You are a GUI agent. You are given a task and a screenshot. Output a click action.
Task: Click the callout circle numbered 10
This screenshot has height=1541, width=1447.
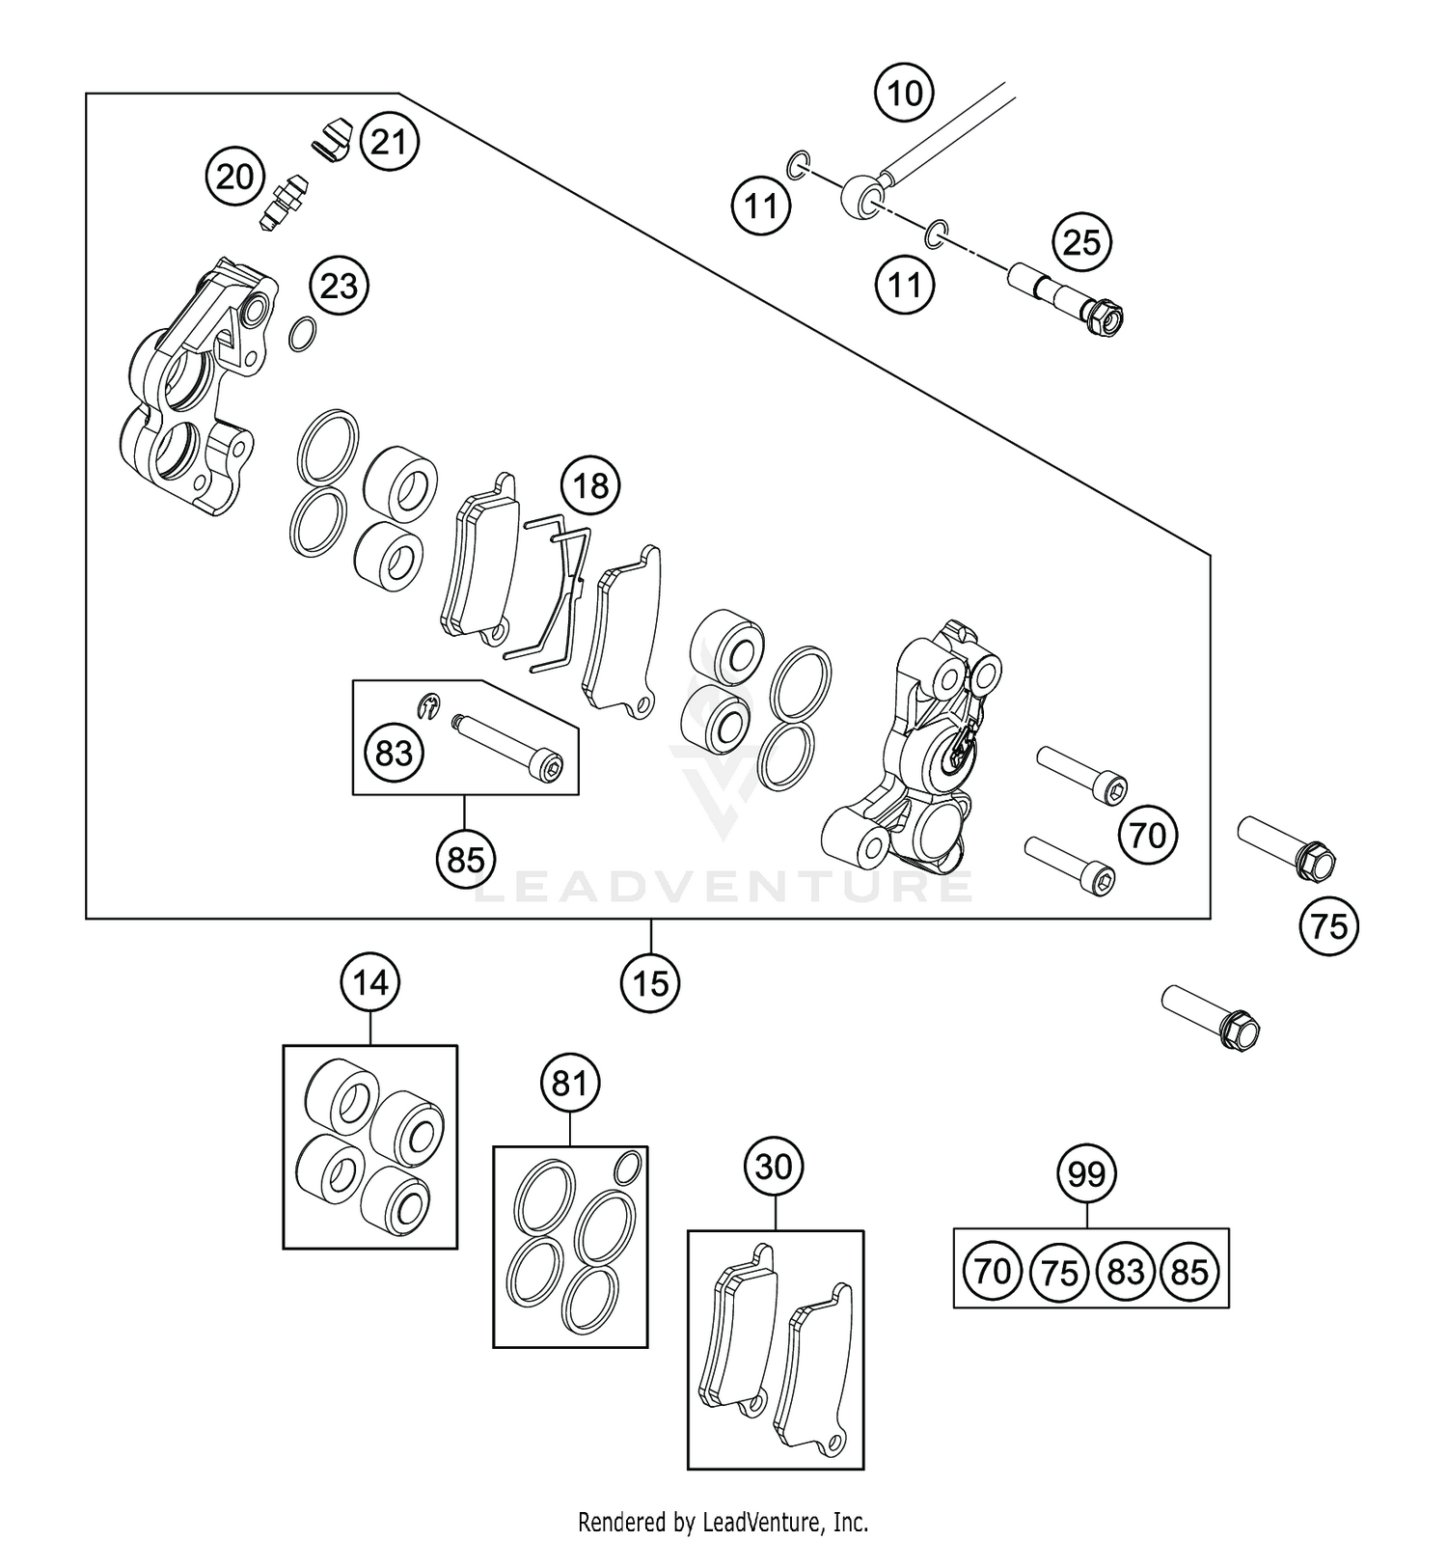(904, 94)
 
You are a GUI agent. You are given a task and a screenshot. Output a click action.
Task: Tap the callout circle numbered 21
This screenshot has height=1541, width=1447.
(389, 142)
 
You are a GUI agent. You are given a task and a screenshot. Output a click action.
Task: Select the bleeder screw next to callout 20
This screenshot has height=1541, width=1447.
(283, 200)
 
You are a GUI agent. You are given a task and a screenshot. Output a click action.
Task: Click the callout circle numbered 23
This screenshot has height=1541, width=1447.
(339, 286)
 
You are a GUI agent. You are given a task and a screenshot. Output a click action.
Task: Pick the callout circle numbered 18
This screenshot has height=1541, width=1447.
(591, 484)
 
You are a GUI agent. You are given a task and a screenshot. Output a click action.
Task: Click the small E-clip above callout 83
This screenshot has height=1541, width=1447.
(429, 706)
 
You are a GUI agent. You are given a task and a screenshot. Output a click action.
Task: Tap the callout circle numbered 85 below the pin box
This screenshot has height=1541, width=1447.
(465, 857)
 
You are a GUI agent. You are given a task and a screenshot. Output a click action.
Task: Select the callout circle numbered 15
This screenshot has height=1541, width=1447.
(651, 983)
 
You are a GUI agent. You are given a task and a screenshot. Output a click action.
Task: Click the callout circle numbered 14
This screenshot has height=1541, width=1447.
(370, 983)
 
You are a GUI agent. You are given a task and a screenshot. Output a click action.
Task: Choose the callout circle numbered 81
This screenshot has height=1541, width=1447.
(569, 1084)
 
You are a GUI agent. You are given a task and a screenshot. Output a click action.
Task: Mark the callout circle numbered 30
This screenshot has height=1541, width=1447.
(774, 1168)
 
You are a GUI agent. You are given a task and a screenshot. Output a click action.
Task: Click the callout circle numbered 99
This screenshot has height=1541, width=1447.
(1087, 1174)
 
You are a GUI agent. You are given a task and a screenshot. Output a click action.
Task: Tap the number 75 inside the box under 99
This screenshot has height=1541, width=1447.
(1059, 1272)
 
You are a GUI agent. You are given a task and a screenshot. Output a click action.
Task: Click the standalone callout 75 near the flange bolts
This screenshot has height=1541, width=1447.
(1328, 926)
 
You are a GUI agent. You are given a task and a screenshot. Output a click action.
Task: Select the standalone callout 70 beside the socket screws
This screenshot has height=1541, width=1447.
(1147, 835)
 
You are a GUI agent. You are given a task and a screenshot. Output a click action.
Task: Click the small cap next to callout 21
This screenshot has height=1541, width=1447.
(334, 134)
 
